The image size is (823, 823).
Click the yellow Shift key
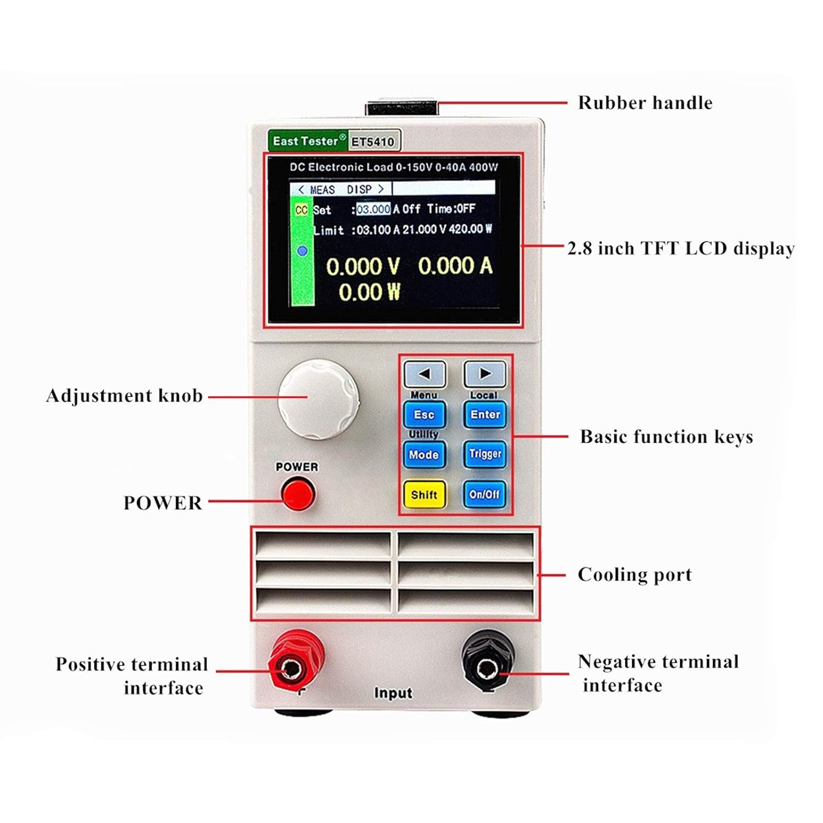424,494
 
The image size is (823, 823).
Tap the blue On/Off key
484,494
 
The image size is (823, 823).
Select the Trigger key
485,454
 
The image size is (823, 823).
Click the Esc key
424,415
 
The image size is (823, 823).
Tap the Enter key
485,415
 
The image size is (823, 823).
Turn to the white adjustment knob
318,399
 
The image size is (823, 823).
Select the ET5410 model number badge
373,142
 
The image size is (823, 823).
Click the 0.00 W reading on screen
369,292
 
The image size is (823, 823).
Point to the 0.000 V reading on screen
362,267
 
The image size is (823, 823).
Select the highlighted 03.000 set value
373,209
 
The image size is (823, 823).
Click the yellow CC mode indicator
301,210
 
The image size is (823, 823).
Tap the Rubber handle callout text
645,103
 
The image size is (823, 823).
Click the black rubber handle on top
402,108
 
